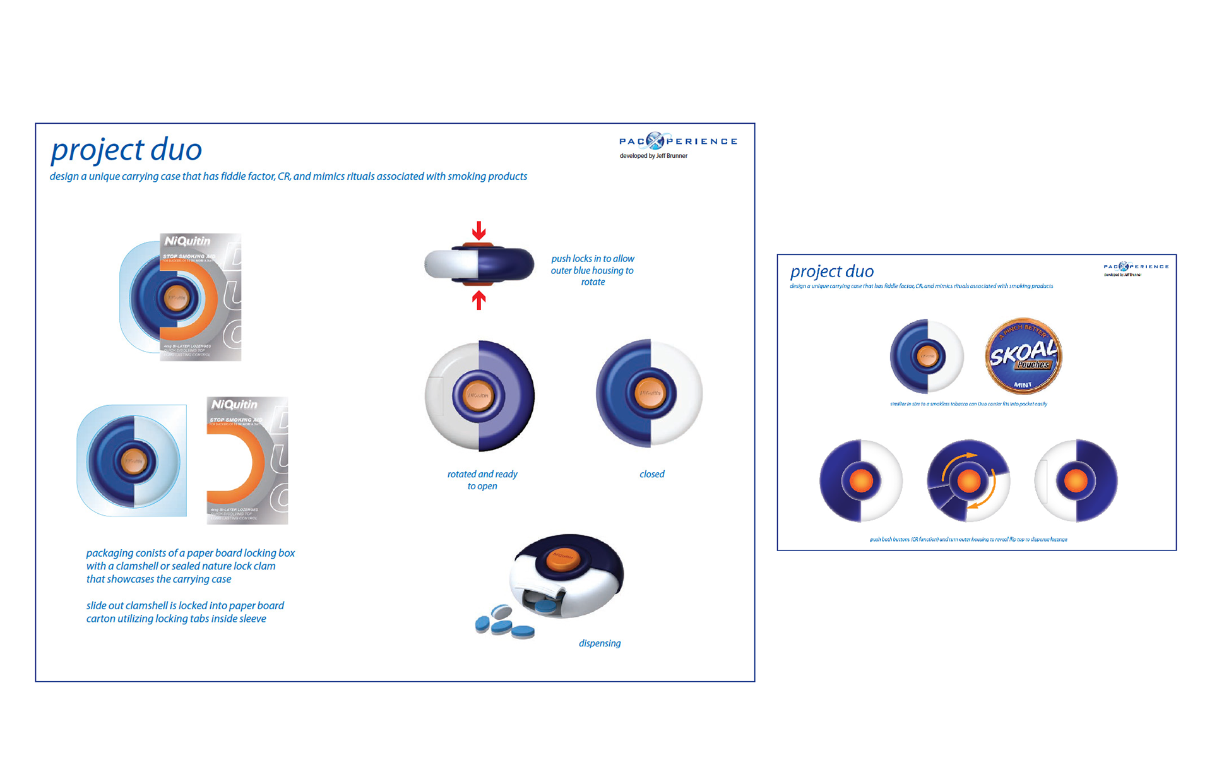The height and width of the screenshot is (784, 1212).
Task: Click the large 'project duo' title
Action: pyautogui.click(x=126, y=150)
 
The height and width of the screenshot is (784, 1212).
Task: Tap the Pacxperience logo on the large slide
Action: pyautogui.click(x=677, y=141)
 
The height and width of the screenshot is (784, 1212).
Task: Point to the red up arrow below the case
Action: pyautogui.click(x=479, y=300)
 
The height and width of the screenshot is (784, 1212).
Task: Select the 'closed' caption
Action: pyautogui.click(x=651, y=474)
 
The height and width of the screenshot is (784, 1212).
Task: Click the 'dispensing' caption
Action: pyautogui.click(x=600, y=643)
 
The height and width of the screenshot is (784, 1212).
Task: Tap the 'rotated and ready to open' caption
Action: pyautogui.click(x=482, y=480)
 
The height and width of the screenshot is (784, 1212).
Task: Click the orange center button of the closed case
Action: pyautogui.click(x=650, y=393)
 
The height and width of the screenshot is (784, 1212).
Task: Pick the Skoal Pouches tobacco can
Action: pyautogui.click(x=1023, y=357)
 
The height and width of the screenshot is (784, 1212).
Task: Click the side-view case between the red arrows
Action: pyautogui.click(x=479, y=264)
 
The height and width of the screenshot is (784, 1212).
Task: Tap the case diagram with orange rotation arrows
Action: pyautogui.click(x=968, y=481)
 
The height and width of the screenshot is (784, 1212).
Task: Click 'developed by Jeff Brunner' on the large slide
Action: pyautogui.click(x=653, y=156)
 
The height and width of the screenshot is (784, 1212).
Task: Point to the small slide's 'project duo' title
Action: pyautogui.click(x=832, y=271)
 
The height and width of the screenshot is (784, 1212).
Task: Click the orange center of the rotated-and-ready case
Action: pyautogui.click(x=478, y=396)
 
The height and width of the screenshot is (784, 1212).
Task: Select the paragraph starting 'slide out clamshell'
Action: pyautogui.click(x=185, y=612)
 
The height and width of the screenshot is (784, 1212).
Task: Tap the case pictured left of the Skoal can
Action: pyautogui.click(x=927, y=356)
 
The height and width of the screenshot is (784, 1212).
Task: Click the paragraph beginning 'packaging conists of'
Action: pyautogui.click(x=190, y=566)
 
